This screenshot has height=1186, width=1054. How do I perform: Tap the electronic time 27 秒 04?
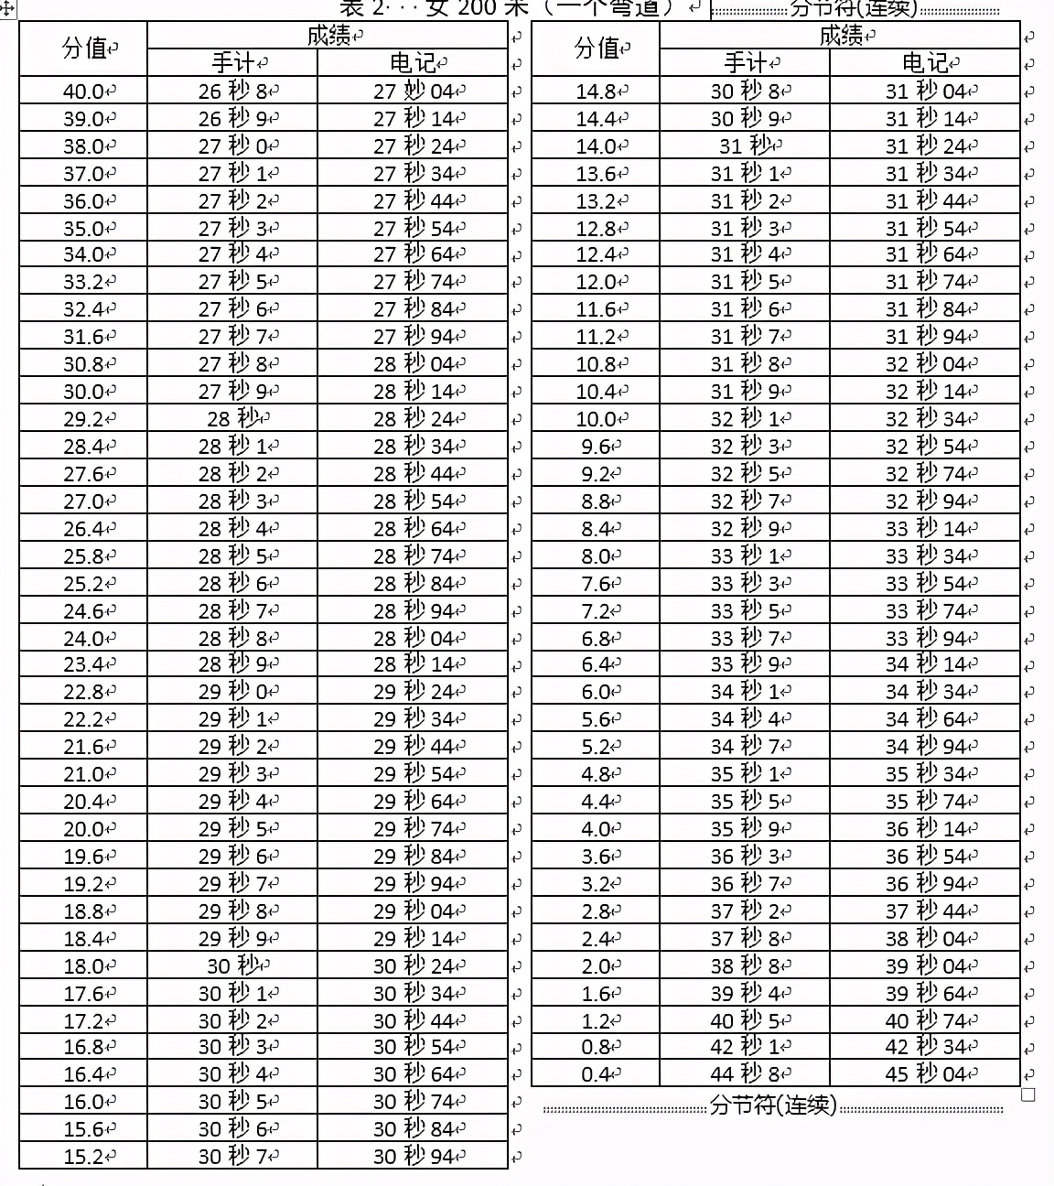click(413, 92)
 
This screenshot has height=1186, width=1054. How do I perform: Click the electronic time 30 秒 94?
click(413, 1157)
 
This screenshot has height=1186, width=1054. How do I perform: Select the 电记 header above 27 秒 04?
click(413, 63)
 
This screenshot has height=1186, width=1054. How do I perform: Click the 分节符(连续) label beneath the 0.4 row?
click(772, 1106)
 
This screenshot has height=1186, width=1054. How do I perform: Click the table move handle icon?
click(7, 8)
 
